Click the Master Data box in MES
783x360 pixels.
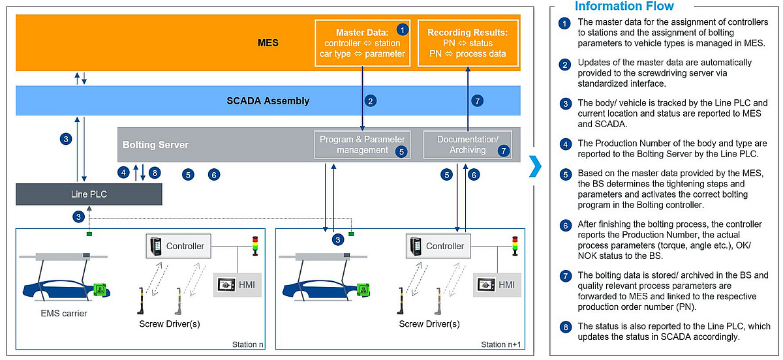click(363, 43)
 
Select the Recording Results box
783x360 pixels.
click(468, 43)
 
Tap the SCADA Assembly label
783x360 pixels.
click(268, 101)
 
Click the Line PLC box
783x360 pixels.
click(89, 194)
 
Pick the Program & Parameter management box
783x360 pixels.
click(363, 145)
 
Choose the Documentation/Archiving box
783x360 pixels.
click(468, 145)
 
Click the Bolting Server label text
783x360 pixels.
click(155, 145)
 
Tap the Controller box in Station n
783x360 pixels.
click(178, 246)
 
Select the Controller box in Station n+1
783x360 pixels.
click(438, 246)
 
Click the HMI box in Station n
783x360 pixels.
click(238, 285)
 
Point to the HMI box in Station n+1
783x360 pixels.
click(497, 285)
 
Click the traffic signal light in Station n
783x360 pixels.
click(255, 246)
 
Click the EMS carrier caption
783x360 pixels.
click(64, 314)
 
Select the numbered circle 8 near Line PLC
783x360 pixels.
click(155, 173)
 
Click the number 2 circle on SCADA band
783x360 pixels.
click(371, 101)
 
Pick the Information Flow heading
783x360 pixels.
click(624, 6)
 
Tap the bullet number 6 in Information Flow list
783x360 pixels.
click(565, 226)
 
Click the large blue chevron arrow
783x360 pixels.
click(536, 166)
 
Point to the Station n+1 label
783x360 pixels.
click(501, 344)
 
